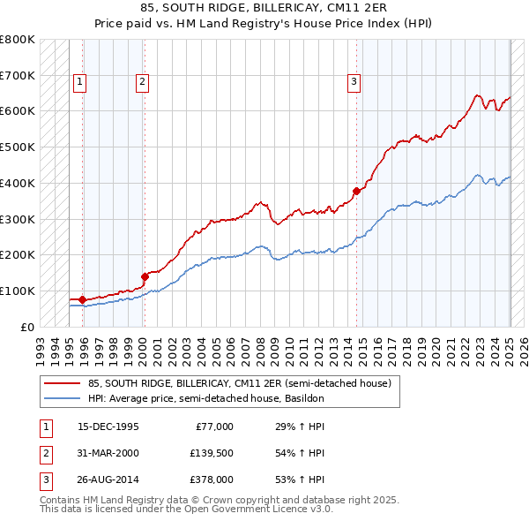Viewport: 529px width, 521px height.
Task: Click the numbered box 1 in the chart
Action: (79, 82)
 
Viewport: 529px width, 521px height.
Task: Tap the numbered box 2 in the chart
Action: (142, 82)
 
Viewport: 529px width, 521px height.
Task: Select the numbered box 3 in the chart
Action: (354, 82)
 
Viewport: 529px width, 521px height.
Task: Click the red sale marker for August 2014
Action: (357, 190)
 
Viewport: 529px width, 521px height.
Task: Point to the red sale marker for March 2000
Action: (145, 276)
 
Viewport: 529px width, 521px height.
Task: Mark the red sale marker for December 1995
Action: (83, 299)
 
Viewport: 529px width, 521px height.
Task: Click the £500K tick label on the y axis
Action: (18, 147)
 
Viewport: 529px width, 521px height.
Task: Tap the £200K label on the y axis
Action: (18, 255)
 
